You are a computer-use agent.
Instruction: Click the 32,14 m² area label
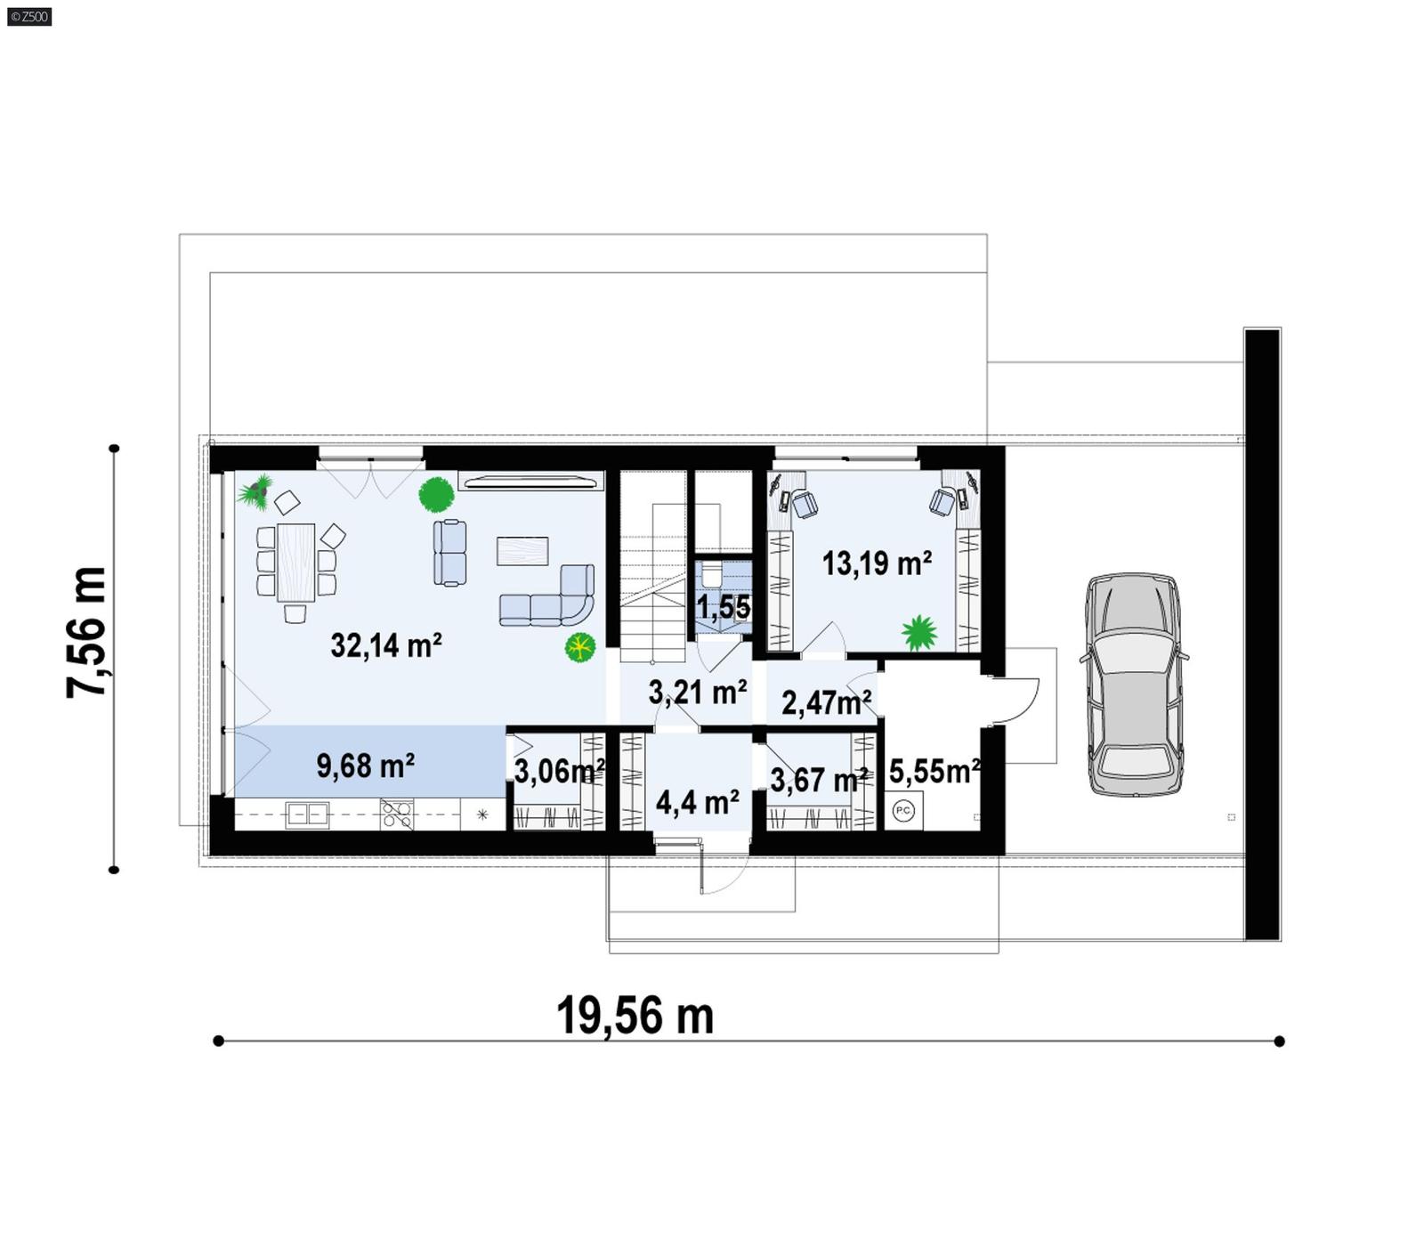coord(386,644)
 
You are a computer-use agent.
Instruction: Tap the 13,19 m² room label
coord(877,563)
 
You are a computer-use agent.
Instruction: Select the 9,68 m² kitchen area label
coord(365,766)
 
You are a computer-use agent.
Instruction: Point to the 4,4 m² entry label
coord(697,802)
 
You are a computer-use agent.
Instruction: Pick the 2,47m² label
coord(826,702)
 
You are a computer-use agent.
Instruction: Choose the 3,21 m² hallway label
coord(697,692)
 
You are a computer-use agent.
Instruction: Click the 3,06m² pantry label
coord(559,771)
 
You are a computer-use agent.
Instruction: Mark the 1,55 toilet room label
coord(723,608)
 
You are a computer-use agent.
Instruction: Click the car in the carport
coord(1134,684)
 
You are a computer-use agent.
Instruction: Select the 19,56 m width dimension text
coord(635,1016)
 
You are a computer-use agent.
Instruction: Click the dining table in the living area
coord(295,563)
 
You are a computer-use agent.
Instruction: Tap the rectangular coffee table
coord(522,550)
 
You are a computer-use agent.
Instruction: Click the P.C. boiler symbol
coord(902,810)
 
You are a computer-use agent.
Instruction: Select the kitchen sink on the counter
coord(306,814)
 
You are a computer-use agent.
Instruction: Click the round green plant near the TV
coord(436,495)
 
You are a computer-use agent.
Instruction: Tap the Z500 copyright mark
coord(28,16)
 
